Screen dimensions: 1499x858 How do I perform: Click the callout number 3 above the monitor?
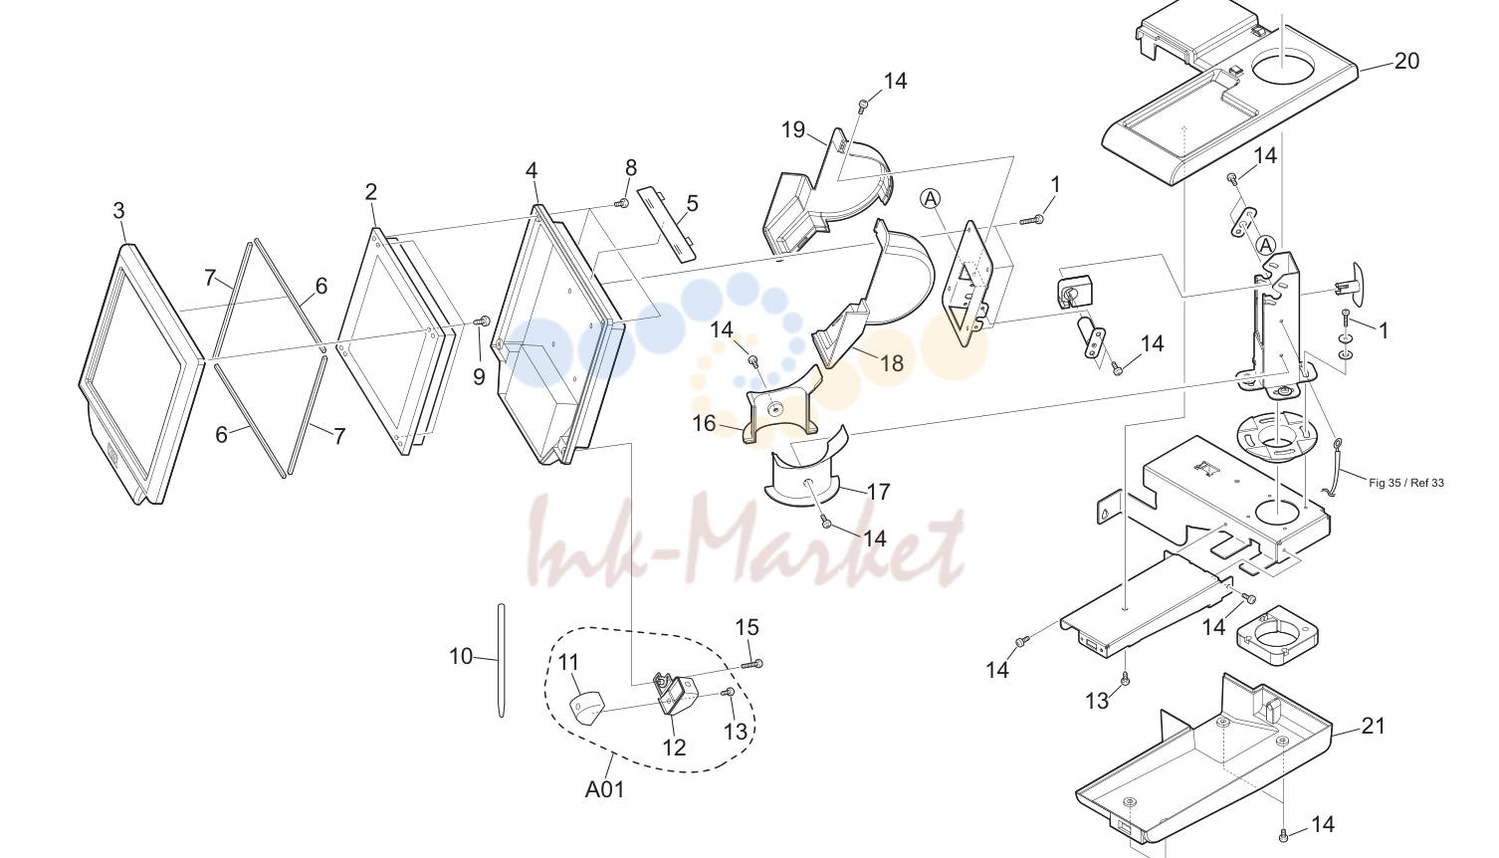click(118, 211)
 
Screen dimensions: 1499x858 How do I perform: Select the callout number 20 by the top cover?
click(1406, 61)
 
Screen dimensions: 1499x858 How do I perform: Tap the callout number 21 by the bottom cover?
click(1373, 727)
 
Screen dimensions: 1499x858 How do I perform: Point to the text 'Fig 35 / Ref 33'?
click(1406, 483)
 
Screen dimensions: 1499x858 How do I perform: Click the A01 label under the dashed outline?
click(604, 789)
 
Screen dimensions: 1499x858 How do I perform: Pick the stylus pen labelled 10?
click(502, 660)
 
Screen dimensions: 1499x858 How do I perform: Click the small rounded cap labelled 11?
click(587, 709)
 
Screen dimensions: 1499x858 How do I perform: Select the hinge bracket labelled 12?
click(674, 694)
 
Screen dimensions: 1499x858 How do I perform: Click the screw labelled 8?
click(623, 203)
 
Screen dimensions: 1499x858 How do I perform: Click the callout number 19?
click(793, 129)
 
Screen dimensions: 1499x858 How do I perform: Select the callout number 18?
click(892, 363)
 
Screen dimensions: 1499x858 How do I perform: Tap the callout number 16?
click(704, 424)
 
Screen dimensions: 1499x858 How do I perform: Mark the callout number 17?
click(878, 493)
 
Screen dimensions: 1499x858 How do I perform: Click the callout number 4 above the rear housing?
click(532, 170)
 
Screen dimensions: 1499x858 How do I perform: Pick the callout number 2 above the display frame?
click(370, 193)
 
